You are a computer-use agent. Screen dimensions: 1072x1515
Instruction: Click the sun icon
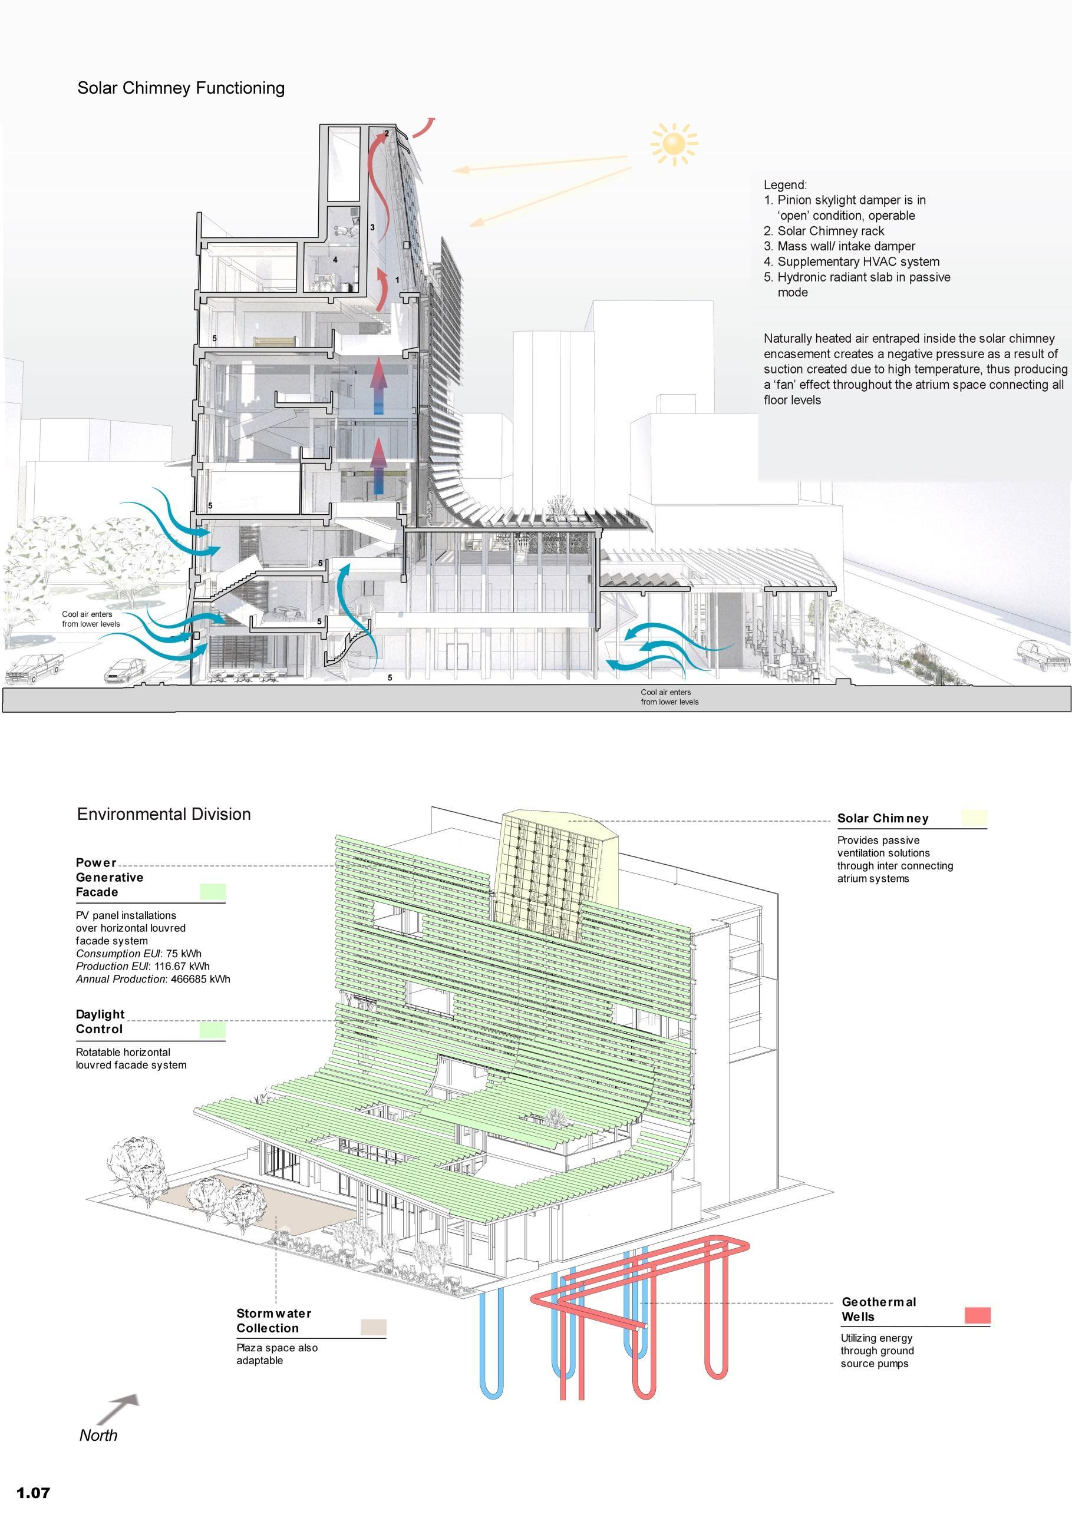pyautogui.click(x=673, y=143)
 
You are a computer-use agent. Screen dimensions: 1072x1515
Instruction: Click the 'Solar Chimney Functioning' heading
pyautogui.click(x=181, y=88)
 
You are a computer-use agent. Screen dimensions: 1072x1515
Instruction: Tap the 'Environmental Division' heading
pyautogui.click(x=164, y=813)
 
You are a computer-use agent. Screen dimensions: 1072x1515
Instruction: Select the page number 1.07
pyautogui.click(x=33, y=1492)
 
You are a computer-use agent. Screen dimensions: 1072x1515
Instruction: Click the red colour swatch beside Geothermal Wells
pyautogui.click(x=977, y=1315)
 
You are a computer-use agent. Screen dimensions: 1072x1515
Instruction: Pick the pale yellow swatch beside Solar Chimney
pyautogui.click(x=974, y=818)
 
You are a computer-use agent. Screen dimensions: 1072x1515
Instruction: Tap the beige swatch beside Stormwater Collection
pyautogui.click(x=374, y=1327)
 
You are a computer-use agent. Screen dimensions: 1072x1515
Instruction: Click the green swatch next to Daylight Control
pyautogui.click(x=213, y=1030)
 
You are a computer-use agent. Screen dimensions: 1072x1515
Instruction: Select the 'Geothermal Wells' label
pyautogui.click(x=878, y=1309)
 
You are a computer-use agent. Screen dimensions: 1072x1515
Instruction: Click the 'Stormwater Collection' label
pyautogui.click(x=273, y=1321)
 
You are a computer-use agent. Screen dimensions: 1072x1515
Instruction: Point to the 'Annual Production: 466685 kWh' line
pyautogui.click(x=153, y=979)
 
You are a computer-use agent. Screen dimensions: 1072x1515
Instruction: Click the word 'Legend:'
pyautogui.click(x=785, y=186)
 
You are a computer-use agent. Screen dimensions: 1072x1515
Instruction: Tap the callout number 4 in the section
pyautogui.click(x=335, y=260)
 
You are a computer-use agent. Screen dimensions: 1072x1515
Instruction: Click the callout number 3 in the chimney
pyautogui.click(x=372, y=227)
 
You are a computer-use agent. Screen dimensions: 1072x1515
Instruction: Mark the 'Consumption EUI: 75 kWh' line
pyautogui.click(x=138, y=954)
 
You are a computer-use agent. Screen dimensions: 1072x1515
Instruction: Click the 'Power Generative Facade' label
pyautogui.click(x=110, y=878)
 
